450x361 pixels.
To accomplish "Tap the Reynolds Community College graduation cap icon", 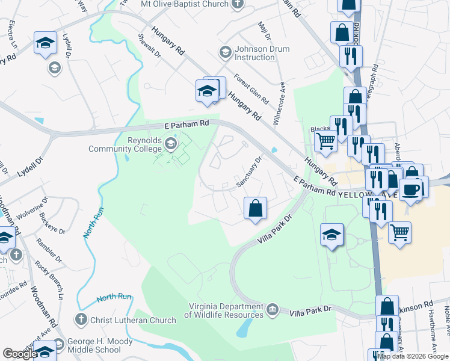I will click(x=171, y=143).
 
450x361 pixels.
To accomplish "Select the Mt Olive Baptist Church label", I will click(x=184, y=4).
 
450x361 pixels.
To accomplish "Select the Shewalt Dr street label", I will click(x=151, y=46).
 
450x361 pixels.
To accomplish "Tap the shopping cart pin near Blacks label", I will click(x=326, y=142).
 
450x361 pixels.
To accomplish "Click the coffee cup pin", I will click(x=411, y=190).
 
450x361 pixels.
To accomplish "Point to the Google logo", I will click(x=20, y=354).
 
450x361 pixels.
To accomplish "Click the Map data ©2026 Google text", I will click(x=413, y=356).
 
